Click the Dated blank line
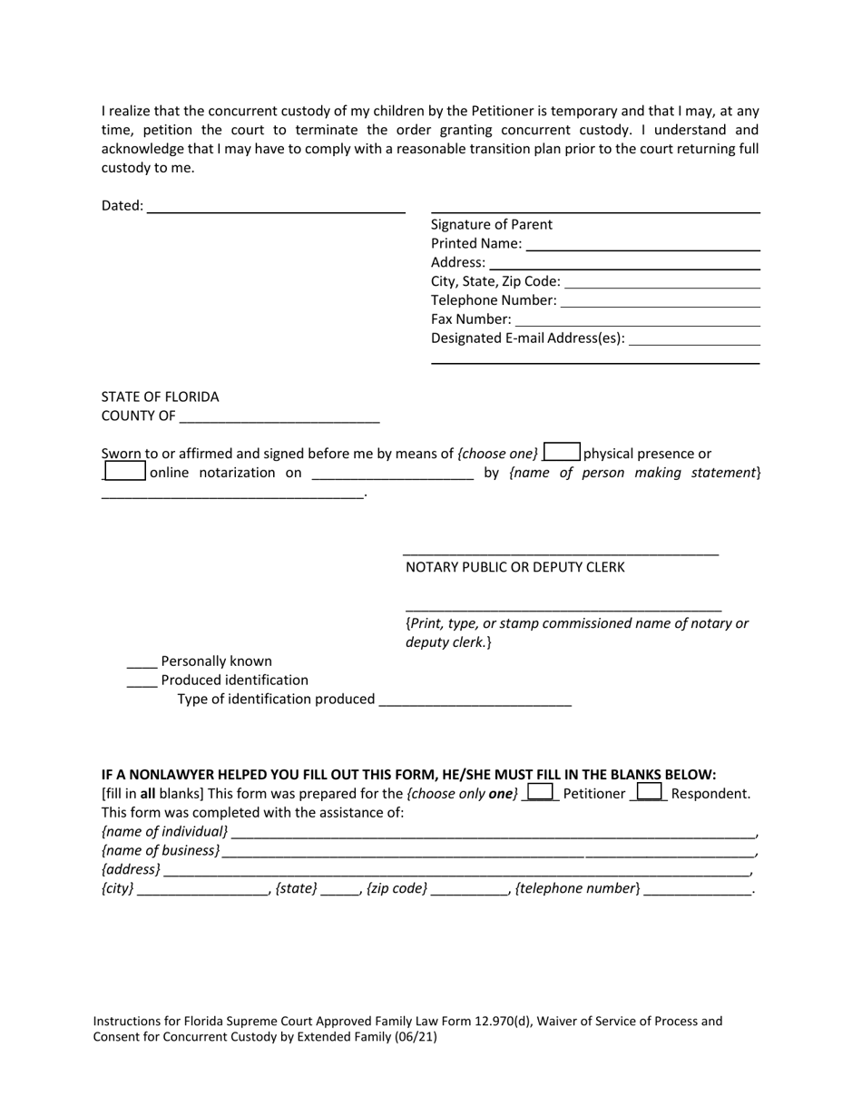(x=276, y=207)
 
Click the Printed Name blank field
(x=642, y=244)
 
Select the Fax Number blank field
(x=637, y=320)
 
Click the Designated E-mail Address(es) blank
(x=694, y=339)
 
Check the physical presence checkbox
(x=562, y=452)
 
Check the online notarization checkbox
(x=125, y=471)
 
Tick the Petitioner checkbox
(x=541, y=792)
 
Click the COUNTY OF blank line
(x=279, y=417)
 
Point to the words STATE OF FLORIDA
(x=160, y=396)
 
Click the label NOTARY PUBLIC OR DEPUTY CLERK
(x=514, y=567)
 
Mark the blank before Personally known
(x=142, y=662)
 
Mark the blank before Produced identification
(x=142, y=681)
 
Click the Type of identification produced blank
(x=475, y=700)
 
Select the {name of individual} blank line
(x=493, y=833)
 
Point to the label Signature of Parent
(x=491, y=224)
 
